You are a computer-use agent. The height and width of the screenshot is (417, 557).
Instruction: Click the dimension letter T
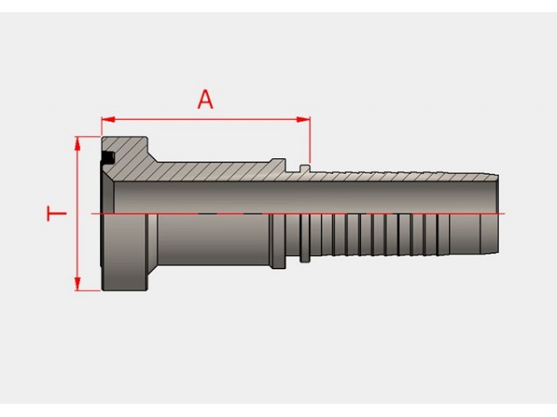pyautogui.click(x=57, y=214)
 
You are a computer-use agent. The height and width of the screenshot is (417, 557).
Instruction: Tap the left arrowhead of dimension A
pyautogui.click(x=108, y=120)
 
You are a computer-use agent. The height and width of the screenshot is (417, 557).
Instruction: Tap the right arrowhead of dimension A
pyautogui.click(x=303, y=120)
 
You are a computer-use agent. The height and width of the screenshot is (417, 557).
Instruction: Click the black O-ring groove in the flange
pyautogui.click(x=108, y=157)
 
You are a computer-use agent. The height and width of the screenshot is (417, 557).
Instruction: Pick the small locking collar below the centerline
pyautogui.click(x=305, y=238)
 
